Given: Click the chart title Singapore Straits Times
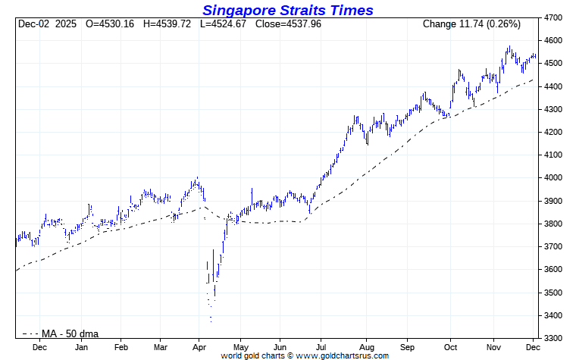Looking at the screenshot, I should pyautogui.click(x=287, y=10).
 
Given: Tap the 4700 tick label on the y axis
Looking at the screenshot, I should pyautogui.click(x=556, y=17).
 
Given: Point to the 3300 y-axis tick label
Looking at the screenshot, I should pyautogui.click(x=556, y=338).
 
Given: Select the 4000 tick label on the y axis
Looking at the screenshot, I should pyautogui.click(x=556, y=178).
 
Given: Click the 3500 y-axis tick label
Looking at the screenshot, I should pyautogui.click(x=556, y=293).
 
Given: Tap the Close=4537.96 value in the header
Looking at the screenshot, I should pyautogui.click(x=290, y=24).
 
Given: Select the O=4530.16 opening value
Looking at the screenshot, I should pyautogui.click(x=110, y=24).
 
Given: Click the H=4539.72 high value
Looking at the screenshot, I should pyautogui.click(x=171, y=24).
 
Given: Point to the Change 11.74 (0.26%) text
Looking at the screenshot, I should pyautogui.click(x=472, y=24).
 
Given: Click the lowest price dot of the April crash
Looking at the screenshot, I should pyautogui.click(x=211, y=321).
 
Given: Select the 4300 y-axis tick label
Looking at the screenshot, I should pyautogui.click(x=556, y=109).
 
